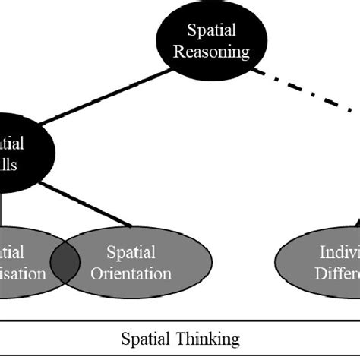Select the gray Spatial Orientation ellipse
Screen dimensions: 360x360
132,263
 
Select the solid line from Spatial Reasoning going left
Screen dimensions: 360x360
106,98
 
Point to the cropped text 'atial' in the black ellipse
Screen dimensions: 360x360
14,144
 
